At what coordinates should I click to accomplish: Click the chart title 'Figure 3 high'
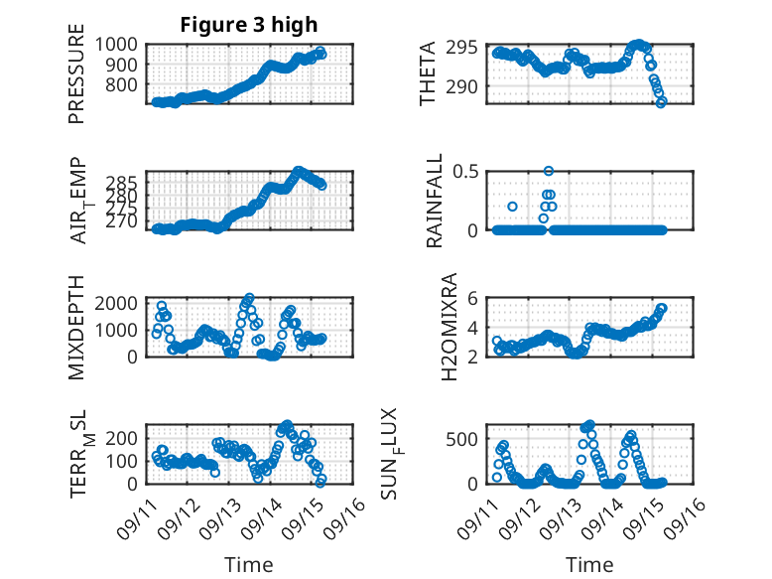249,25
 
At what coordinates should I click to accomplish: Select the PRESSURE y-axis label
76,79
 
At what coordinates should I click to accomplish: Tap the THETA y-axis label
428,74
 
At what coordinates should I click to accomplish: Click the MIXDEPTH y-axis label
76,327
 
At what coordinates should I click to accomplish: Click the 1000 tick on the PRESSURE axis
118,44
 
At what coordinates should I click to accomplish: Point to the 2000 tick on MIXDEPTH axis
118,302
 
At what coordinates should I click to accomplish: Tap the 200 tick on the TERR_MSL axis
124,438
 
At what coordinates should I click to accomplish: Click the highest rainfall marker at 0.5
549,171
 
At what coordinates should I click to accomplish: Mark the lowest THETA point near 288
662,101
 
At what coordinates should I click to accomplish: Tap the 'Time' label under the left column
249,564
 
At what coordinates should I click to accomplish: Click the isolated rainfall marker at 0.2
512,207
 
